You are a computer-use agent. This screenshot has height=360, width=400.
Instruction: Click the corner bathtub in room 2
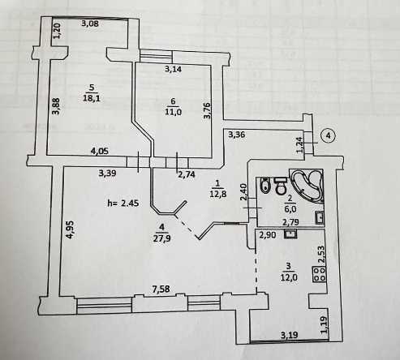(x=307, y=186)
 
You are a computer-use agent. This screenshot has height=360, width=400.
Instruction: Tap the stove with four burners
(x=319, y=274)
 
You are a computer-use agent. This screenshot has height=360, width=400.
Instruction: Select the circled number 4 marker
(x=329, y=135)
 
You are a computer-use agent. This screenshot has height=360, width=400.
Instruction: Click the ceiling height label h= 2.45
(x=123, y=203)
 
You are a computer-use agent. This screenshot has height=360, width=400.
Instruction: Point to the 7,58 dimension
(x=161, y=289)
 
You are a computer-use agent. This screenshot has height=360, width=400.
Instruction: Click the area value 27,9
(x=161, y=238)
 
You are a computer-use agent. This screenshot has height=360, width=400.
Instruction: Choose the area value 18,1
(x=92, y=98)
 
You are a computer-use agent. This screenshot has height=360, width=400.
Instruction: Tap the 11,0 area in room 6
(x=173, y=112)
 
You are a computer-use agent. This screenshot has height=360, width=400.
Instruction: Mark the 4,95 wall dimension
(x=70, y=229)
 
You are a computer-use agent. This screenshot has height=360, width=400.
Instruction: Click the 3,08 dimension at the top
(x=90, y=24)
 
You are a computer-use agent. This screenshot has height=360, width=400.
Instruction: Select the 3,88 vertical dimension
(x=56, y=106)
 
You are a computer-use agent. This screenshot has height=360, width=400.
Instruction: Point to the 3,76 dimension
(x=207, y=110)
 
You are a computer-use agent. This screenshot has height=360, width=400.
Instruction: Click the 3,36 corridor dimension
(x=237, y=134)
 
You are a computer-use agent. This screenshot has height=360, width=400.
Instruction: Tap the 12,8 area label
(x=217, y=194)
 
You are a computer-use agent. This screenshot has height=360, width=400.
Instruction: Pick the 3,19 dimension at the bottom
(x=290, y=336)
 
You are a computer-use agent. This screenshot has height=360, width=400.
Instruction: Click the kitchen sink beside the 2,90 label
(x=290, y=234)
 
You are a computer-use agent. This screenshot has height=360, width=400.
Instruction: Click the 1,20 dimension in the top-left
(x=58, y=31)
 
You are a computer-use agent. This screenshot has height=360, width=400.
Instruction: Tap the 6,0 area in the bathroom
(x=290, y=208)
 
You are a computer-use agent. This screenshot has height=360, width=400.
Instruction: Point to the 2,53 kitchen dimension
(x=321, y=255)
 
